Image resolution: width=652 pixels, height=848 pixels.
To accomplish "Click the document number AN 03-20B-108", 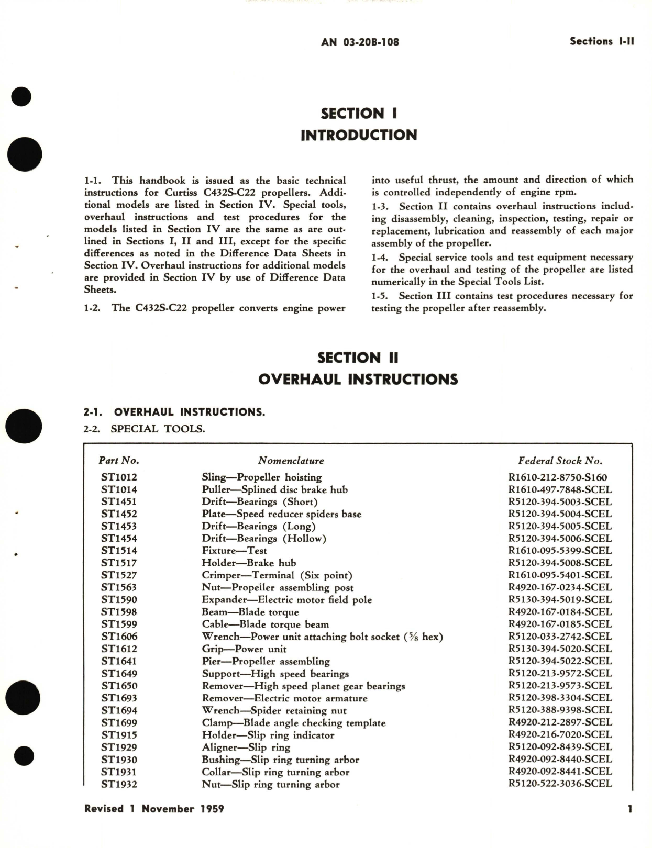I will click(360, 42).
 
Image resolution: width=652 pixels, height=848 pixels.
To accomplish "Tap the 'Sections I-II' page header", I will click(602, 41).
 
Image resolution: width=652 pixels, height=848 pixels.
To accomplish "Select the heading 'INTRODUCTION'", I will click(359, 135).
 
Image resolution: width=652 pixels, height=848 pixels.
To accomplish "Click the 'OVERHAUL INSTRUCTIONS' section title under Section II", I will click(358, 379).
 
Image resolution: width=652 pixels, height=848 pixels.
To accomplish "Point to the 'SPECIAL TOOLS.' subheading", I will click(158, 429).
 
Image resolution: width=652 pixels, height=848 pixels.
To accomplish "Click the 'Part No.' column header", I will click(119, 461).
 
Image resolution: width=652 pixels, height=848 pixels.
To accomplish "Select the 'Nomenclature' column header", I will click(291, 461).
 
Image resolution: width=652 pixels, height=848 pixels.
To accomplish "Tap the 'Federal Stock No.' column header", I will click(560, 461).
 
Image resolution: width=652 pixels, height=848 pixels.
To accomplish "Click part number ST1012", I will click(119, 477).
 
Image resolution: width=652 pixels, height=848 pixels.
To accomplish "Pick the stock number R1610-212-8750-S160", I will click(558, 477).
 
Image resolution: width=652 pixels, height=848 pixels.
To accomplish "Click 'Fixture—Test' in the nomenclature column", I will click(234, 551).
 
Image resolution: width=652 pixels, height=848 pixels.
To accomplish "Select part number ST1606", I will click(119, 637).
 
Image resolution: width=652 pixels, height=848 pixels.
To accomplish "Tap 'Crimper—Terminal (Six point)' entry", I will click(277, 575).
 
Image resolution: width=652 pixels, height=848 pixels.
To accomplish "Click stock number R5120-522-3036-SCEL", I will click(560, 784).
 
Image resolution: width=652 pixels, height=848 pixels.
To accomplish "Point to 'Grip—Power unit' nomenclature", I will click(244, 649).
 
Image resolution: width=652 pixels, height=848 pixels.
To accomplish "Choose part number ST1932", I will click(119, 784).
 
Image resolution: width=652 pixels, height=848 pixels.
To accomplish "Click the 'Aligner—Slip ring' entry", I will click(246, 747).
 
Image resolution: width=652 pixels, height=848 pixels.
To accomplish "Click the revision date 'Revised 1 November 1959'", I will click(154, 809).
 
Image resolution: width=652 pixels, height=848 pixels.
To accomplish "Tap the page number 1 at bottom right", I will click(630, 809).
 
